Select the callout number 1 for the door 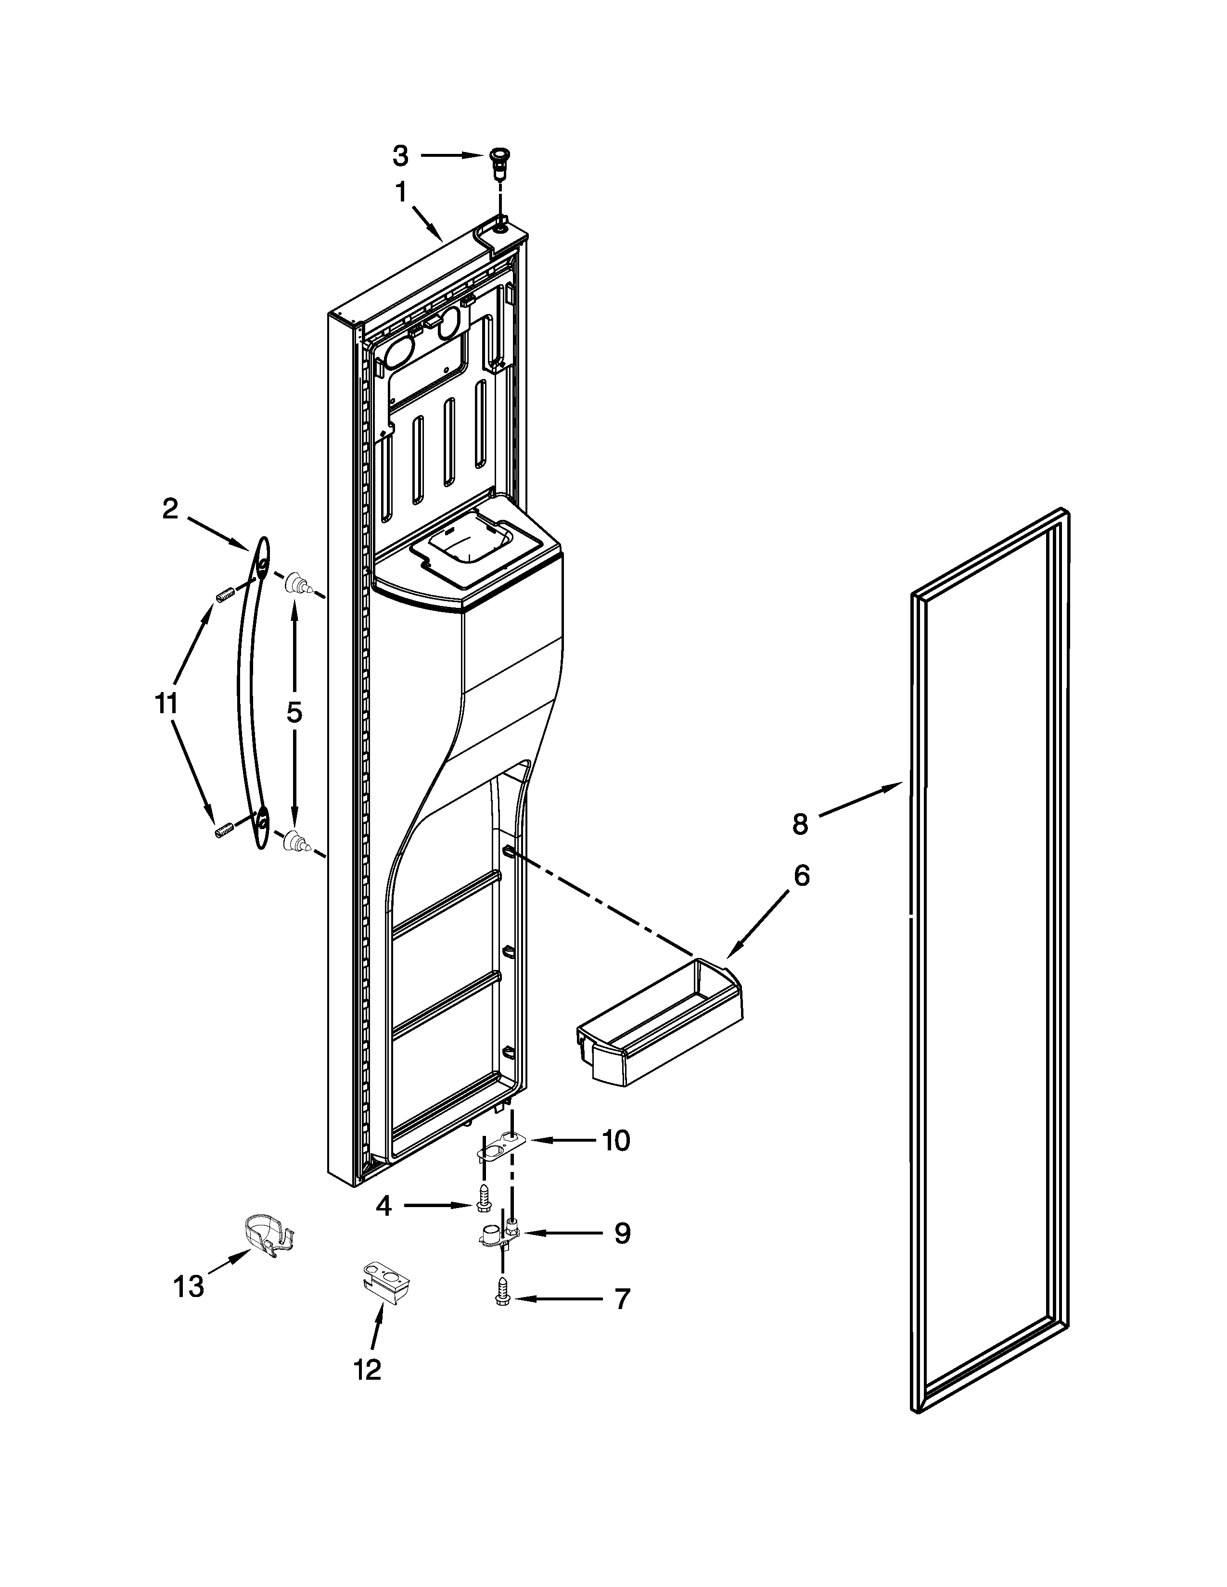click(x=400, y=192)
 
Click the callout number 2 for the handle click(x=169, y=509)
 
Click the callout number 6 click(x=800, y=876)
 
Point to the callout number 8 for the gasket click(x=800, y=825)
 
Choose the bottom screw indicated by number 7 click(x=502, y=1296)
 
